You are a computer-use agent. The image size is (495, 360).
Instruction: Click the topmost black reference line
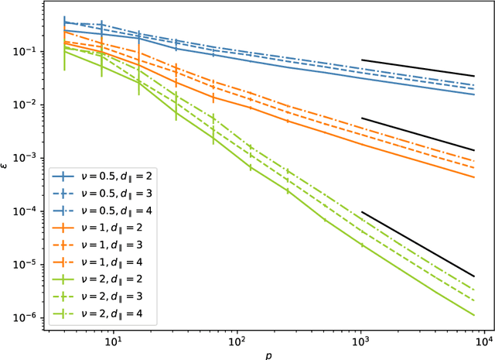pyautogui.click(x=418, y=68)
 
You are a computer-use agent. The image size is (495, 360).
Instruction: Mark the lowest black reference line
pyautogui.click(x=418, y=244)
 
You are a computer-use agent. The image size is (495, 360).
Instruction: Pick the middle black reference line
pyautogui.click(x=418, y=134)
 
